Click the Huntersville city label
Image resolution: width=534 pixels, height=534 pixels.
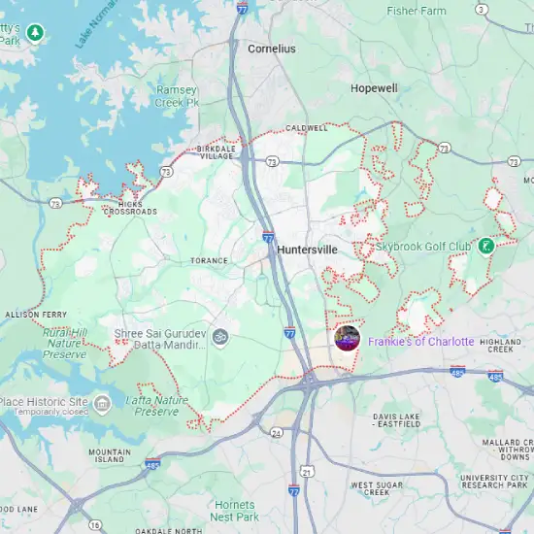(x=307, y=250)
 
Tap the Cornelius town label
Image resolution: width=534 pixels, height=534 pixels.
(x=272, y=48)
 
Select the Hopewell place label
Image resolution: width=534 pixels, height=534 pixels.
(x=374, y=88)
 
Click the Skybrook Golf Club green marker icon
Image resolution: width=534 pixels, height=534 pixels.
(x=486, y=246)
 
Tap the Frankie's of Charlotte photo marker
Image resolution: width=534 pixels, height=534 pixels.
(x=347, y=339)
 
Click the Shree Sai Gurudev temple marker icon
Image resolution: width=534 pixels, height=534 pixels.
(x=220, y=337)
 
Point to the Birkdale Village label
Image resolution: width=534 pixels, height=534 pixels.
(x=216, y=153)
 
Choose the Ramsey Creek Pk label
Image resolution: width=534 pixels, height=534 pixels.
(x=178, y=95)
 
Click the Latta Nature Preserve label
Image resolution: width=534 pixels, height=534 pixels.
(x=155, y=406)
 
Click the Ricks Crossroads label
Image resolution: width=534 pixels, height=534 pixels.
(x=129, y=207)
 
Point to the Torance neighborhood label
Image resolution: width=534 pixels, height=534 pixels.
(x=209, y=260)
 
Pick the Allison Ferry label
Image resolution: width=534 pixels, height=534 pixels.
(x=36, y=315)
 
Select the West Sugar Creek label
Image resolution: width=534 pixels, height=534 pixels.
(x=377, y=488)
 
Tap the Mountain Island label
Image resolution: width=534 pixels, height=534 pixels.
(x=110, y=456)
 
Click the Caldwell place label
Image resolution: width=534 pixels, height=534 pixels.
(x=306, y=127)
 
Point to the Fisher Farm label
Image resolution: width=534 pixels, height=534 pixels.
(x=417, y=11)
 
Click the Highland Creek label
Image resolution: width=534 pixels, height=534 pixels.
(x=501, y=346)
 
